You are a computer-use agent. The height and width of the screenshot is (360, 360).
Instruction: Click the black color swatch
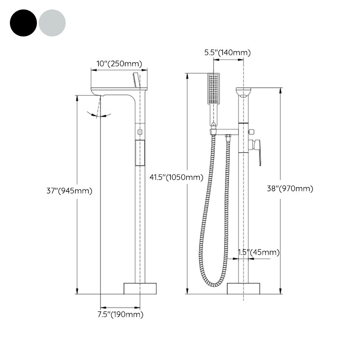point(23,22)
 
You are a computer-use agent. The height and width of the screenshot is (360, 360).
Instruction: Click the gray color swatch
point(52,22)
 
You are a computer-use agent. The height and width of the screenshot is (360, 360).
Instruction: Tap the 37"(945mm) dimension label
point(69,191)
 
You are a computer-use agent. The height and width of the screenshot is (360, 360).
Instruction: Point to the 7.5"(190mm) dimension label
point(120,315)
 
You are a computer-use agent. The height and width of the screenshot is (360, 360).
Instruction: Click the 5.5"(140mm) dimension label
point(227,53)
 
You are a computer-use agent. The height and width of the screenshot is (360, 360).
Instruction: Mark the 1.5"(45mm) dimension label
point(258,252)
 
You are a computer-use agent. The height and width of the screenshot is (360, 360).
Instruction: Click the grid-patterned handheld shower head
point(214,89)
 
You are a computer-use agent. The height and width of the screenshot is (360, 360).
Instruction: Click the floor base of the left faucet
point(140,288)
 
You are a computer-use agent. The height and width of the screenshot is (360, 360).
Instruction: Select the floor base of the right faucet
point(243,288)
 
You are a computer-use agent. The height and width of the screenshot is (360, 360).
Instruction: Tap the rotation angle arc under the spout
point(100,116)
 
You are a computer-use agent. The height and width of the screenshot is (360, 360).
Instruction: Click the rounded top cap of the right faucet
point(243,92)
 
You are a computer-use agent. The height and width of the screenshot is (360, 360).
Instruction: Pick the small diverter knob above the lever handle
point(251,132)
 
